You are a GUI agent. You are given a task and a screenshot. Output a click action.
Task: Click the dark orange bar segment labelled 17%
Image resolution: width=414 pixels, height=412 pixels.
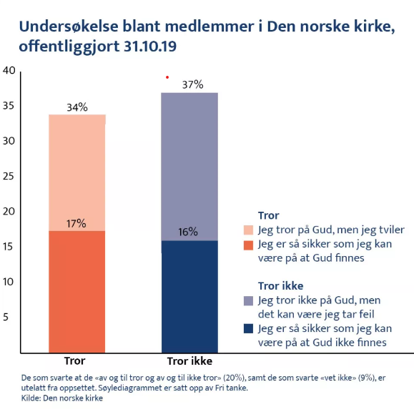click(77, 292)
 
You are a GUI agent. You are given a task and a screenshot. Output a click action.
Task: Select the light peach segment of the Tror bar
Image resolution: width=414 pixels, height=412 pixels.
click(77, 172)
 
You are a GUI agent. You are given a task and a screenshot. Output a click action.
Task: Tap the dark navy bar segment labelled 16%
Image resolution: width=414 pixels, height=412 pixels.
click(189, 296)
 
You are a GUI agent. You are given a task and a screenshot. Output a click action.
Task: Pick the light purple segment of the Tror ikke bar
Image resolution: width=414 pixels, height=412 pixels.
click(189, 167)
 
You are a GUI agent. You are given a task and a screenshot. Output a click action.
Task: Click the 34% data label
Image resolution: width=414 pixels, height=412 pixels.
click(77, 107)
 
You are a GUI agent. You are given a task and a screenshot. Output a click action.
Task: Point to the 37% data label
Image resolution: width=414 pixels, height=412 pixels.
click(193, 85)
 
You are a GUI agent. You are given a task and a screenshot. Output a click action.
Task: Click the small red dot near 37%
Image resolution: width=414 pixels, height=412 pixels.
click(167, 77)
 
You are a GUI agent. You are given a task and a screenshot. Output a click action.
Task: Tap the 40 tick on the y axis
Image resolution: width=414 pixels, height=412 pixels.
click(9, 70)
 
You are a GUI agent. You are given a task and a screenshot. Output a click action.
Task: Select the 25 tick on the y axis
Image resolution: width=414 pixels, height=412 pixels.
click(9, 176)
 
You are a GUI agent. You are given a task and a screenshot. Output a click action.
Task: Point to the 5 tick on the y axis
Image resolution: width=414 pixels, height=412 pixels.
click(6, 317)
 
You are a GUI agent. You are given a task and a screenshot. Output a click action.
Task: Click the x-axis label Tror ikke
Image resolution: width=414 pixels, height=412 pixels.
click(189, 361)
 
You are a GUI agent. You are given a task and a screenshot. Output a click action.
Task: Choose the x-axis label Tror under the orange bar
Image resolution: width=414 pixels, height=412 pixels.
click(75, 360)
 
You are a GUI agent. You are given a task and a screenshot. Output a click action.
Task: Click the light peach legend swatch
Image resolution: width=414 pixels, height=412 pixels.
click(248, 230)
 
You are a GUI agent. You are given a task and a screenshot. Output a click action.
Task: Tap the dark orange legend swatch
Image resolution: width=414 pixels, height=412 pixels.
click(248, 245)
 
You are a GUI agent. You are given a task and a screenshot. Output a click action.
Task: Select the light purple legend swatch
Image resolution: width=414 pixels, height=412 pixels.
click(248, 301)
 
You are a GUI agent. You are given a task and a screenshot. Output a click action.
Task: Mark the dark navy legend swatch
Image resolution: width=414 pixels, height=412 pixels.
click(248, 328)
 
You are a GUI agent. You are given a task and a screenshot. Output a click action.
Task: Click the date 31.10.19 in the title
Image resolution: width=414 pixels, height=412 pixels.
click(150, 46)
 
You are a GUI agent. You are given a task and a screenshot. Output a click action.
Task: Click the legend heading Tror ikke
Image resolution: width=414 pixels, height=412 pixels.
click(281, 286)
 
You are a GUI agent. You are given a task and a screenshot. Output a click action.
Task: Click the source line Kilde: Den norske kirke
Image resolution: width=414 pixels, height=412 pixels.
click(62, 398)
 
